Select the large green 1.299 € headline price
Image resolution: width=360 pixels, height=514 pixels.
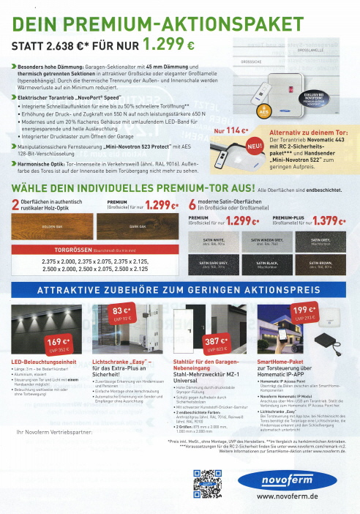click(168, 43)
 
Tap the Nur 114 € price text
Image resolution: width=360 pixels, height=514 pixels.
click(230, 132)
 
